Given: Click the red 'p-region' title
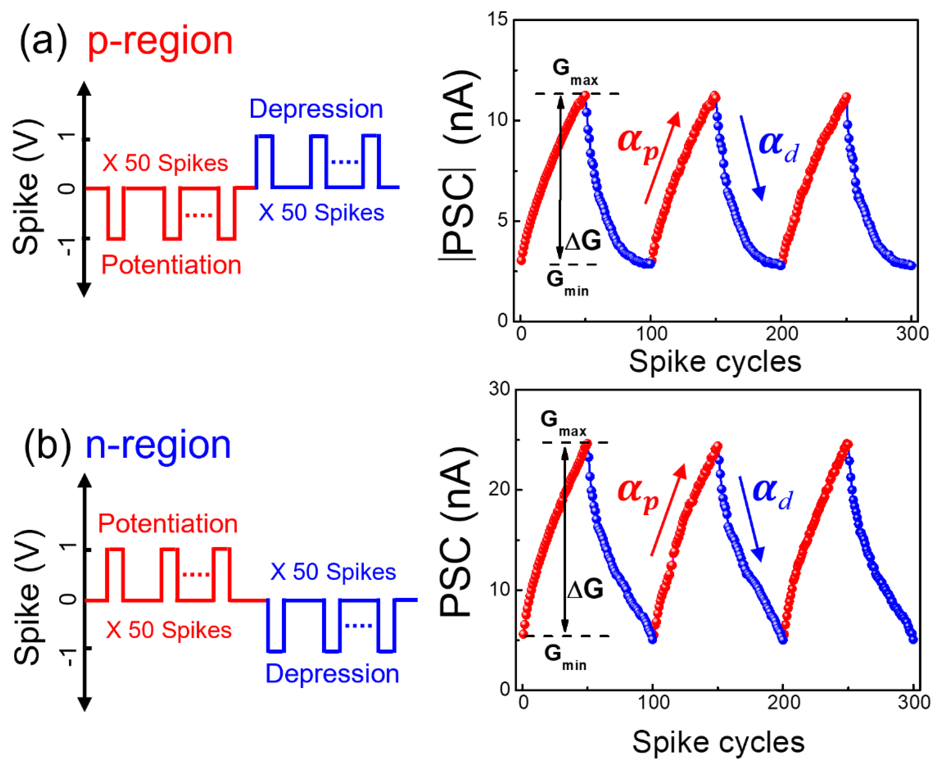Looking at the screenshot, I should tap(160, 42).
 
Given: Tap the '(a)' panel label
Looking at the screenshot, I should tap(43, 41).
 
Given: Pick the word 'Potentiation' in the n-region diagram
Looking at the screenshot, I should tap(168, 524).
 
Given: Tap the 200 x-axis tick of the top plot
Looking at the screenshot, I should tap(781, 334).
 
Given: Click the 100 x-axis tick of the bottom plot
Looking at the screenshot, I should tap(654, 702).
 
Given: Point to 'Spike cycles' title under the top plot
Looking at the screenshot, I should tap(715, 362).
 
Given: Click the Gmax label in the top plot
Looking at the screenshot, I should tap(574, 72).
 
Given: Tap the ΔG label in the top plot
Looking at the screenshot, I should tap(582, 241).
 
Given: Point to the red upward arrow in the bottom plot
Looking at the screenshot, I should tap(668, 510).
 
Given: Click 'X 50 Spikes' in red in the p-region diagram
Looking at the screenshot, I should tap(165, 163).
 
